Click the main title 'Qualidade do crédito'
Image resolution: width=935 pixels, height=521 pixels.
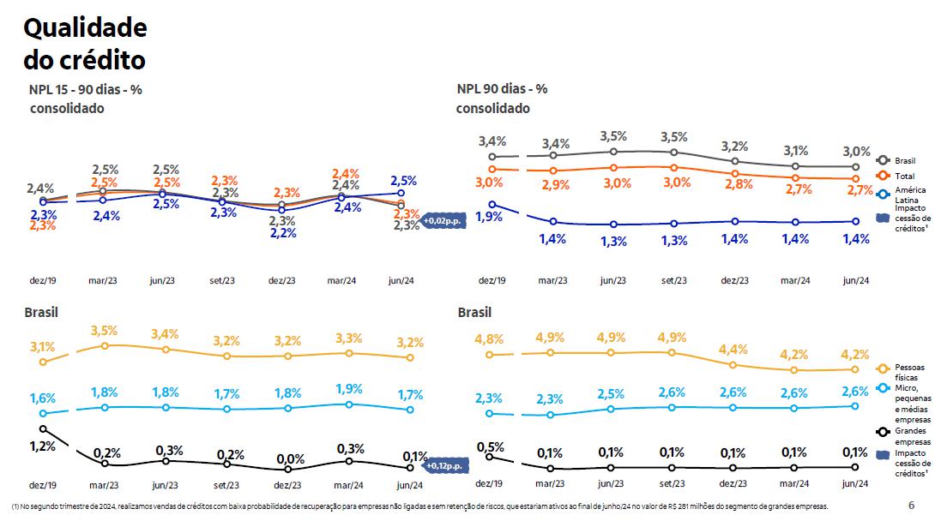(85, 45)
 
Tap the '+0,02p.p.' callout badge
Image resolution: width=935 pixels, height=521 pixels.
(441, 221)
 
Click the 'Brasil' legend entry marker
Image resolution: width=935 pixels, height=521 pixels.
(882, 160)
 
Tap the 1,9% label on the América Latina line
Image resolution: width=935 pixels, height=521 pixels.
(488, 217)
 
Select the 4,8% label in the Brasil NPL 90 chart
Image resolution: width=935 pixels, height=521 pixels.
(489, 339)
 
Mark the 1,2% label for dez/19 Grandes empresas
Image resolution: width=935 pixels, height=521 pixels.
(42, 446)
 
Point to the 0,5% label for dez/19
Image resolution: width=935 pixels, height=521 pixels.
(489, 446)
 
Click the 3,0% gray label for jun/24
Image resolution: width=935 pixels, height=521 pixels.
(856, 151)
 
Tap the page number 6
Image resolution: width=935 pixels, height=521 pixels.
(911, 505)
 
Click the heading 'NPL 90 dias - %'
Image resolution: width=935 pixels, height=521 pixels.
(502, 88)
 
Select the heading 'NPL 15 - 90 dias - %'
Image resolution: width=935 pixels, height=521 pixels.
(86, 88)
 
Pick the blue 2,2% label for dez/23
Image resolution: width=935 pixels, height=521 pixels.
(282, 233)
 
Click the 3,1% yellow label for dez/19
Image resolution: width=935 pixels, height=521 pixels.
(42, 347)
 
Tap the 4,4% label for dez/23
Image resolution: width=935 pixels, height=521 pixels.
(733, 349)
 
